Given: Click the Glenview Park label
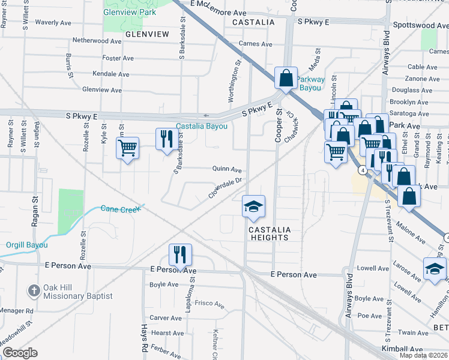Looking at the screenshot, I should pos(130,12).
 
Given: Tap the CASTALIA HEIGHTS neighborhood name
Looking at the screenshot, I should pos(269,233).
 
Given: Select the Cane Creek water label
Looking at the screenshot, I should pos(120,209).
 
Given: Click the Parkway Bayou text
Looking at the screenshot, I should pos(311,83).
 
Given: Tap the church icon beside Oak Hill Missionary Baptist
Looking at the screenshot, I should pos(34,290).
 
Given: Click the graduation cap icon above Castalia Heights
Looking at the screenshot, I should pos(253,207).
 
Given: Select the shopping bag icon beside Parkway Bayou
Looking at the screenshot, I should pos(286,77).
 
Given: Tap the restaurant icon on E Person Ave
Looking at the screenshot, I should pos(179,254).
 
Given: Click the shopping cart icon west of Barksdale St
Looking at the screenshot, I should pos(127,148).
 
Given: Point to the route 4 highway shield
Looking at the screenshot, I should pos(362,170).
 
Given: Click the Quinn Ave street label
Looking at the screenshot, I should pos(227,169).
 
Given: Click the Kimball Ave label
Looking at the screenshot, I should pos(403,349).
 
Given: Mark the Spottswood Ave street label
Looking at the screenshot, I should pos(420,26).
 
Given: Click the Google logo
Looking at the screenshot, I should pos(20,353).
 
